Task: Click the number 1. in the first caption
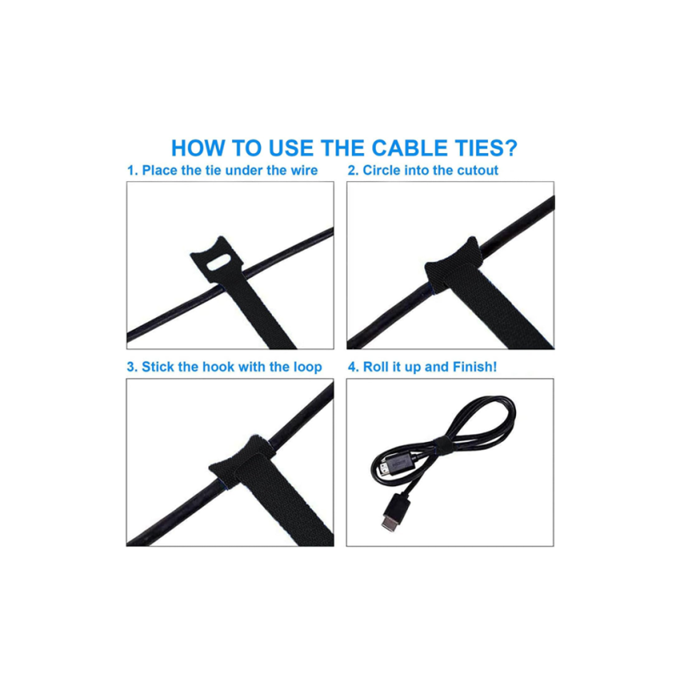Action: pos(133,171)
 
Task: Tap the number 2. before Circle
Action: pos(353,171)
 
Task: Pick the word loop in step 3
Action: pos(308,368)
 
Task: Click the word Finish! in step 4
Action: pos(474,367)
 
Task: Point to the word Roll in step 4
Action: pos(376,367)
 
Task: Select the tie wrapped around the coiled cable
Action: pos(443,446)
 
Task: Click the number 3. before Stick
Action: pos(132,367)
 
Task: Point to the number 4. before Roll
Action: pos(354,367)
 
